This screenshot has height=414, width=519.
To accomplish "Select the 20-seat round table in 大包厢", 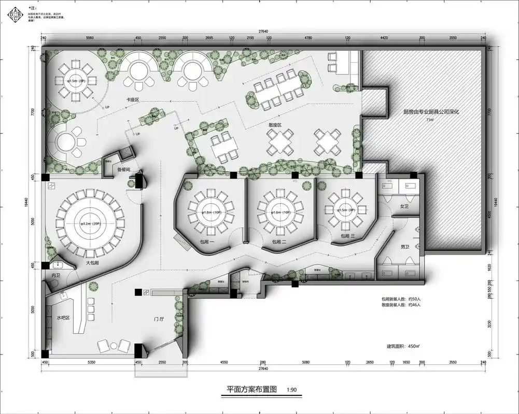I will tap(89, 224).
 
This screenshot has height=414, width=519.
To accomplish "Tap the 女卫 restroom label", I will tap(404, 206).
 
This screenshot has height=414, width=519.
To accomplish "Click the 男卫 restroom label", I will tap(405, 247).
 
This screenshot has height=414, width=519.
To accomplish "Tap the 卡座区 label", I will tap(130, 98).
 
